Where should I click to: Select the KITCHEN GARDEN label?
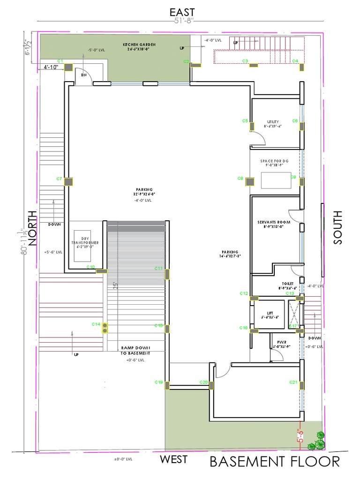coord(139,45)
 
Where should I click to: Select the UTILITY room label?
coord(273,122)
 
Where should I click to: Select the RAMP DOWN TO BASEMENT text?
coord(135,350)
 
